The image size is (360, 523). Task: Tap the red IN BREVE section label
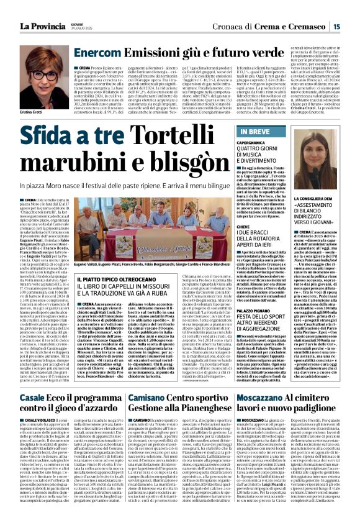tap(254, 132)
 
